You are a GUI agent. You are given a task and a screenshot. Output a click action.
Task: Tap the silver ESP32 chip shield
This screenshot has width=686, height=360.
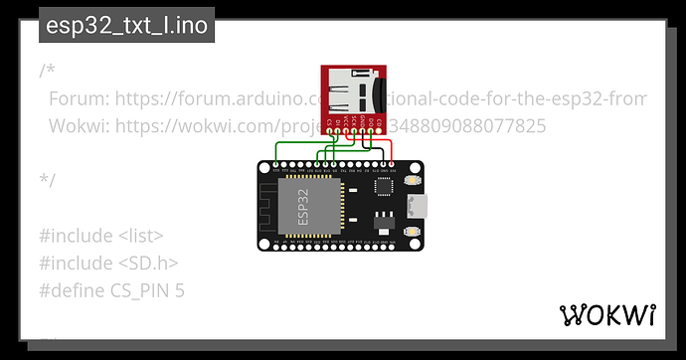coord(311,207)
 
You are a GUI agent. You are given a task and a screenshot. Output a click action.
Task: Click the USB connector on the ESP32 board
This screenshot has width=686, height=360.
coord(423,207)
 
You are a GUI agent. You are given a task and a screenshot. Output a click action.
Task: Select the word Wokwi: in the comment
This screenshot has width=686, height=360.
coord(78,126)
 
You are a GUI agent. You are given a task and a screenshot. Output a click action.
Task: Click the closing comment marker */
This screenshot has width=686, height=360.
coord(48,180)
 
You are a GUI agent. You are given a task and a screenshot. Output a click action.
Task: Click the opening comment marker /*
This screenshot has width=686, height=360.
coord(48,72)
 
